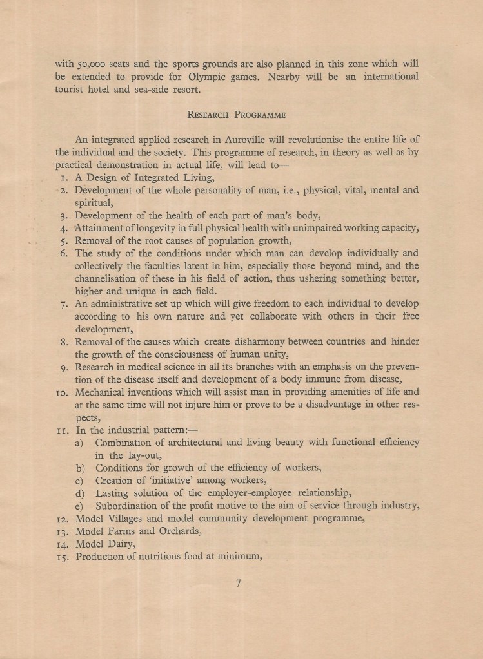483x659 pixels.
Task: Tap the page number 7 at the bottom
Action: (238, 584)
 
